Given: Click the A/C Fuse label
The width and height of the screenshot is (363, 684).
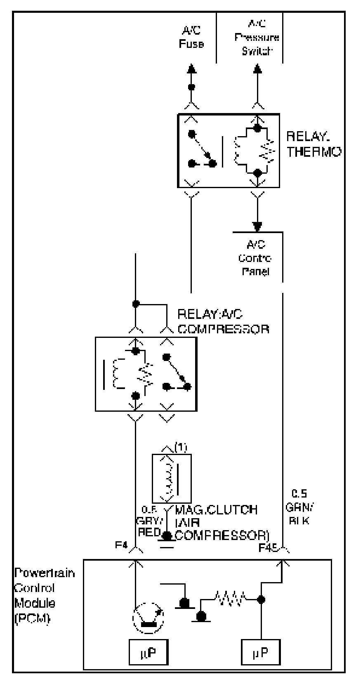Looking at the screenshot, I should click(x=191, y=38).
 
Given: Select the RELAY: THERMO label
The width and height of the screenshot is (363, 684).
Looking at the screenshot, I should click(x=313, y=144).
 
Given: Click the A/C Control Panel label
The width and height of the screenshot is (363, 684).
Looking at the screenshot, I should click(x=258, y=259).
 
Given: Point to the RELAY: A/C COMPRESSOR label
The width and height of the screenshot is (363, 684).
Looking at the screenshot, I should click(x=223, y=322).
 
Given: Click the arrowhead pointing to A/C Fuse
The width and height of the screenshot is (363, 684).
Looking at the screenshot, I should click(x=191, y=68).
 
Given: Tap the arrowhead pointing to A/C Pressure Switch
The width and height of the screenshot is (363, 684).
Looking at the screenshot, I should click(x=257, y=68).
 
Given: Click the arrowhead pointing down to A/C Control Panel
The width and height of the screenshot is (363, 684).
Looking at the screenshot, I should click(x=257, y=226).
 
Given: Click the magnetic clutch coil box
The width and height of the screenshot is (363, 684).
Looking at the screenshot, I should click(x=172, y=478).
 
